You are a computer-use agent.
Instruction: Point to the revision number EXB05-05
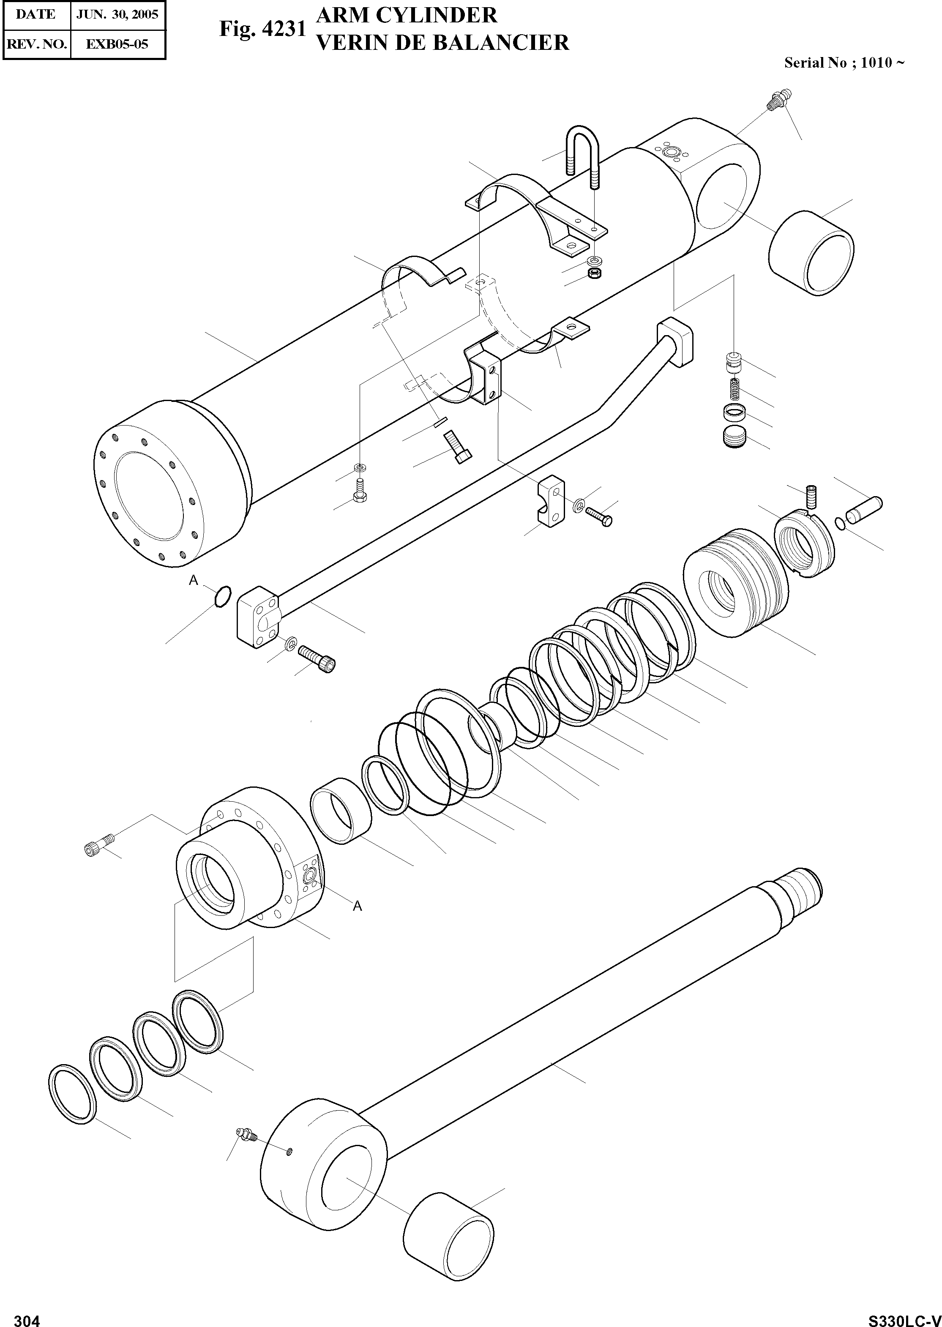(x=117, y=44)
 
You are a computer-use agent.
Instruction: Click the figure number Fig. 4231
(x=262, y=29)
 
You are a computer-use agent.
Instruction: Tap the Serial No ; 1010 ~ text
(x=844, y=63)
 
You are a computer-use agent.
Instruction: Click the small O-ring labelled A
(x=222, y=596)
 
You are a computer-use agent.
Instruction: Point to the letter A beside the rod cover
(x=357, y=906)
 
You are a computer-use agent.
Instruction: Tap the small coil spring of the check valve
(x=734, y=387)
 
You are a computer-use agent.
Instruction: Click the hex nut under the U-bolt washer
(x=593, y=273)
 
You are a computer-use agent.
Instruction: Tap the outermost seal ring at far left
(x=72, y=1094)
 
